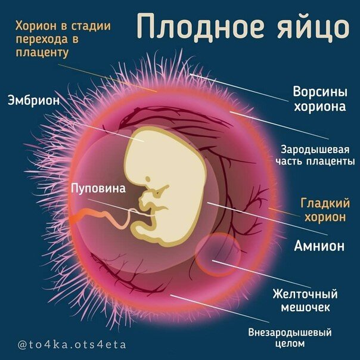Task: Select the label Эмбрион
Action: [x=34, y=100]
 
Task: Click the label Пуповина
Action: [x=98, y=189]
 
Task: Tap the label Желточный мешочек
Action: [x=305, y=301]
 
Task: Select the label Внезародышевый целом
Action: [x=290, y=338]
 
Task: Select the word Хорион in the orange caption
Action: [x=37, y=27]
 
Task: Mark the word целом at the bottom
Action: [x=290, y=344]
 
